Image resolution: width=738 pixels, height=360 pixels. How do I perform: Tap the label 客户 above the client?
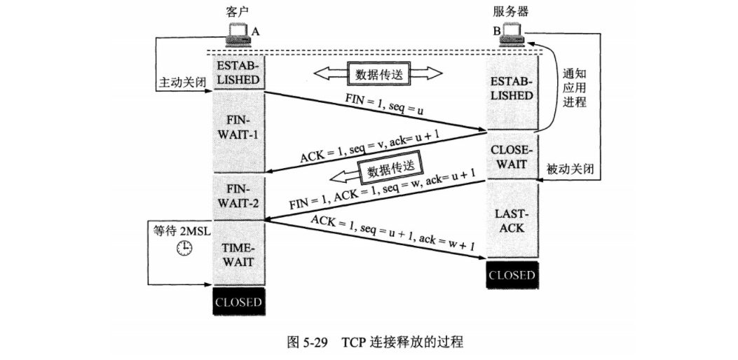(238, 13)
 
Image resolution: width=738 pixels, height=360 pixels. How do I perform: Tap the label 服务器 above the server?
(511, 13)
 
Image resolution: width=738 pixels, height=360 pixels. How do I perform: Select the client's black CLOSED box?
(238, 303)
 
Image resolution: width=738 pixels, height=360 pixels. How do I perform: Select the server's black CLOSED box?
(512, 275)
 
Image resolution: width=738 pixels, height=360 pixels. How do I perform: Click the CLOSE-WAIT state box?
(512, 158)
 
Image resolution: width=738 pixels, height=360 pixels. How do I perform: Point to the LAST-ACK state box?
(512, 221)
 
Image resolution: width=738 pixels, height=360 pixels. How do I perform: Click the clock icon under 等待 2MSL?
(184, 247)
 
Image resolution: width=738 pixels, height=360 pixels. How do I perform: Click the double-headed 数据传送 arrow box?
(378, 74)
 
